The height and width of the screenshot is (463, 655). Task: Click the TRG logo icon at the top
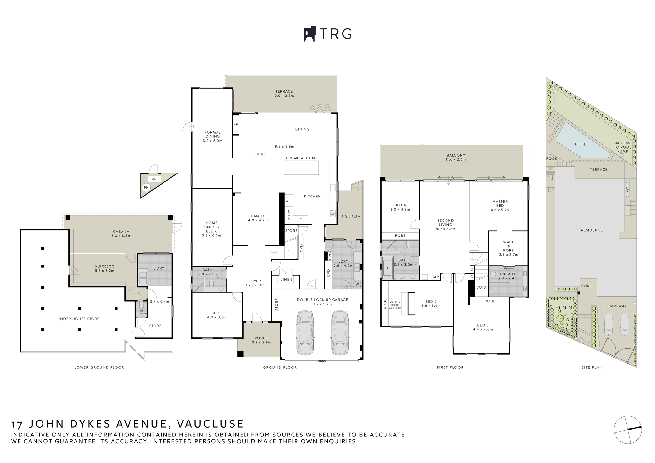(310, 34)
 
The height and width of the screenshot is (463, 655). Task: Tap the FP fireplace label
(236, 124)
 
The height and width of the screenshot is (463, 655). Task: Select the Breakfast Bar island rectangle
(301, 168)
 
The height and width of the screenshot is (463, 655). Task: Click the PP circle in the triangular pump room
(146, 188)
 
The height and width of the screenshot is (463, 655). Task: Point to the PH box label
(154, 179)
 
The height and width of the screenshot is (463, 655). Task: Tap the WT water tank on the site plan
(627, 189)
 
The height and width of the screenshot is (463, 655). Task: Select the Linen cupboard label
(286, 280)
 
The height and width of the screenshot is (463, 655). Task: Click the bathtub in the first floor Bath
(387, 268)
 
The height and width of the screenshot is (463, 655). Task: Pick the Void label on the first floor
(481, 287)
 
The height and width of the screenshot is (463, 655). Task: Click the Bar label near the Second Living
(435, 277)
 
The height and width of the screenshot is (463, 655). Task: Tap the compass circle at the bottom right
(628, 430)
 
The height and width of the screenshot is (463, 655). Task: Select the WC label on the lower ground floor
(141, 311)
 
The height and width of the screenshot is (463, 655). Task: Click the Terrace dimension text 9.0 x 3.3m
(284, 96)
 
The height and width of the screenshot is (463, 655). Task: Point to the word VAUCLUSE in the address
(210, 424)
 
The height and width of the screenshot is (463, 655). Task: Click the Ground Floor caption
(280, 367)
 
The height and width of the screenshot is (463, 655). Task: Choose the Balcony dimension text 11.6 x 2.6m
(456, 159)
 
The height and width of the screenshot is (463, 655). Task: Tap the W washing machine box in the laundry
(357, 284)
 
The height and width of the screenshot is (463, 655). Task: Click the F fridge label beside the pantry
(300, 220)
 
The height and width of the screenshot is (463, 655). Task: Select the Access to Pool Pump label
(622, 147)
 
